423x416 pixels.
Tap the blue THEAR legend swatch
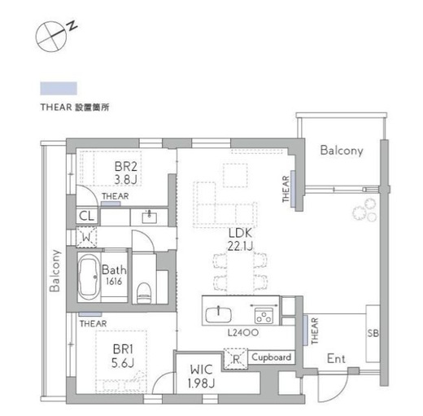point(59,89)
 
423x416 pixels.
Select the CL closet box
point(86,217)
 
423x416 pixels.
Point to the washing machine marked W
point(86,237)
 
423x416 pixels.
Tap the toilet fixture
point(144,293)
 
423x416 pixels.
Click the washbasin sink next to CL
point(149,217)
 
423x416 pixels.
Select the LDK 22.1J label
point(240,239)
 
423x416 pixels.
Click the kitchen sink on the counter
point(219,315)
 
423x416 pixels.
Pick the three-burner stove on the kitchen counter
point(264,316)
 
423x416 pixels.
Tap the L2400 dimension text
point(243,332)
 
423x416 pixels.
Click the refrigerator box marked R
point(236,359)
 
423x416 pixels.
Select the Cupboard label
point(272,357)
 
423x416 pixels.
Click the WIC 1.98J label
point(202,376)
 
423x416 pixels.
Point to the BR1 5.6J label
point(123,356)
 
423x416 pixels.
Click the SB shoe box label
point(373,333)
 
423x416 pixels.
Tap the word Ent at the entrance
point(336,359)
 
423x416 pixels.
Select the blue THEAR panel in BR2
point(111,204)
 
